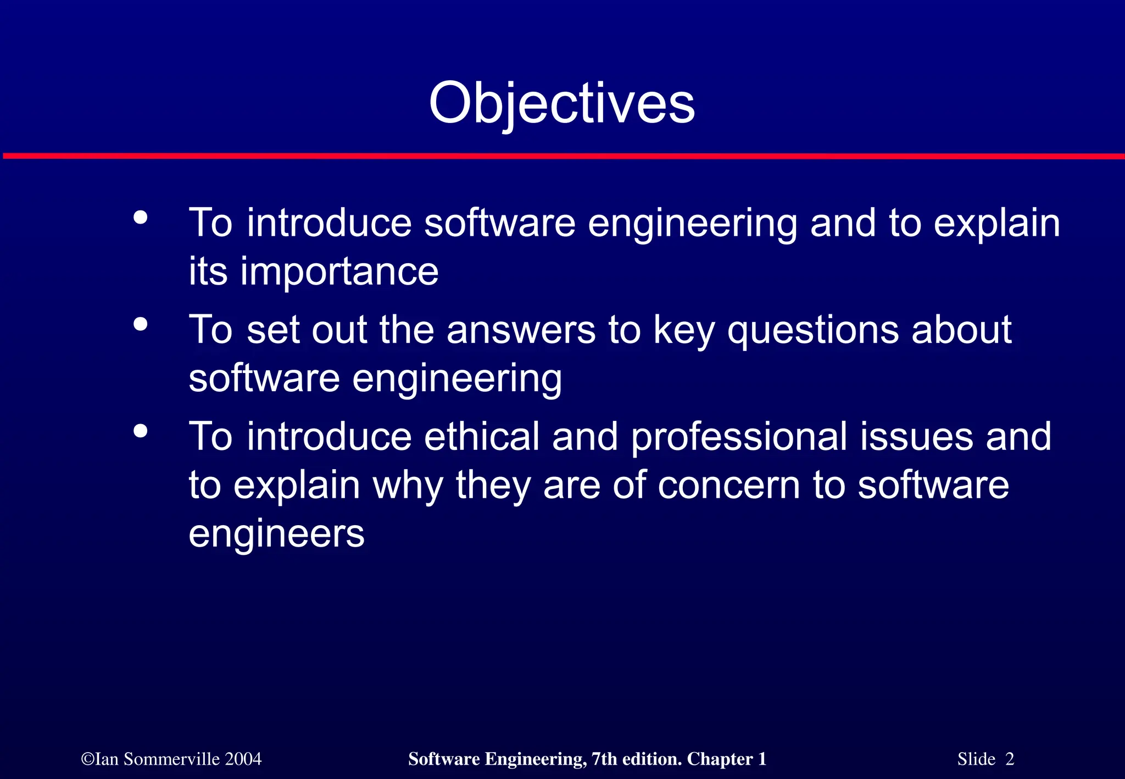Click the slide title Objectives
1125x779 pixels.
(561, 103)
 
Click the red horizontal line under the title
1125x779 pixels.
(562, 157)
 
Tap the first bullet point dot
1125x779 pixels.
(141, 218)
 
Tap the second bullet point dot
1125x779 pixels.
(141, 324)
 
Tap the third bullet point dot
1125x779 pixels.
(141, 431)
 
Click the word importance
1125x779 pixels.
(339, 271)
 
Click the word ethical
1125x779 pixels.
(482, 436)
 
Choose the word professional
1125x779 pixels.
(739, 437)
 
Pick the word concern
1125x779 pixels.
(728, 486)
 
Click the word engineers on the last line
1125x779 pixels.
(276, 534)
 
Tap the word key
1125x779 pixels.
(684, 331)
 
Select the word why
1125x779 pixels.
(408, 486)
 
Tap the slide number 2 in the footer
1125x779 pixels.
(1010, 759)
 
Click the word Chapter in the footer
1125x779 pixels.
(720, 759)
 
